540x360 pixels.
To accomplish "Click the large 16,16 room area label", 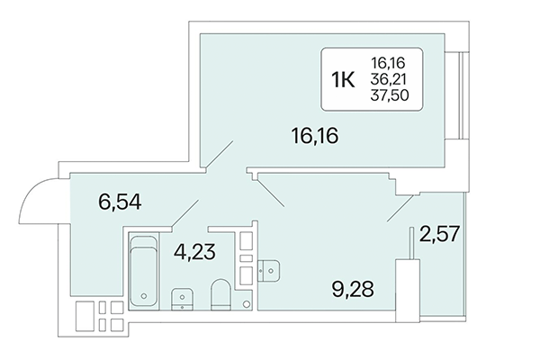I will (x=319, y=139).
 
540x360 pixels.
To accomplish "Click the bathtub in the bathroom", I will (x=143, y=270).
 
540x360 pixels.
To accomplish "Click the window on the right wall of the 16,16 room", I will (x=461, y=94).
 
